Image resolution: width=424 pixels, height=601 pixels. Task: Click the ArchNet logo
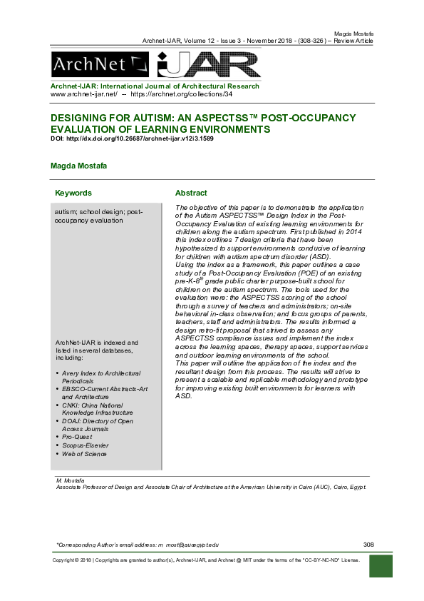[x=100, y=66]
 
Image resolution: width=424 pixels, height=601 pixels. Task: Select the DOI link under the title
[x=132, y=138]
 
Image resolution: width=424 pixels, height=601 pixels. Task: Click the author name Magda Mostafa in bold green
[x=78, y=166]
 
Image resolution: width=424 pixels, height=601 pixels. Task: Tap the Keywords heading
[x=73, y=193]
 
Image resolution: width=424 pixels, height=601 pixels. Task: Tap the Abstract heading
[x=191, y=193]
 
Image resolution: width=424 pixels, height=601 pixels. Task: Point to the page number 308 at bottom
[x=368, y=545]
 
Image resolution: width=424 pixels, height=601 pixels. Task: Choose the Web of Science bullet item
[x=85, y=453]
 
